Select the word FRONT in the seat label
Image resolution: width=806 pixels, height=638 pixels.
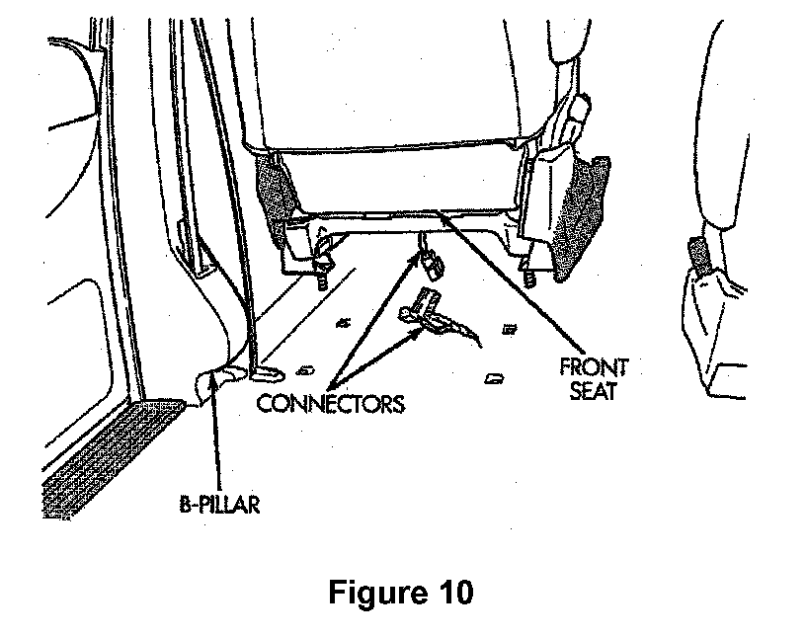click(594, 367)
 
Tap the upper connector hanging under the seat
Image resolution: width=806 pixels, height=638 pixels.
click(431, 263)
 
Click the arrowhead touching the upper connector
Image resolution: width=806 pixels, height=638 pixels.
click(416, 256)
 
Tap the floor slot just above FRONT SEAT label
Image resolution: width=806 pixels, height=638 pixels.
click(495, 378)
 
